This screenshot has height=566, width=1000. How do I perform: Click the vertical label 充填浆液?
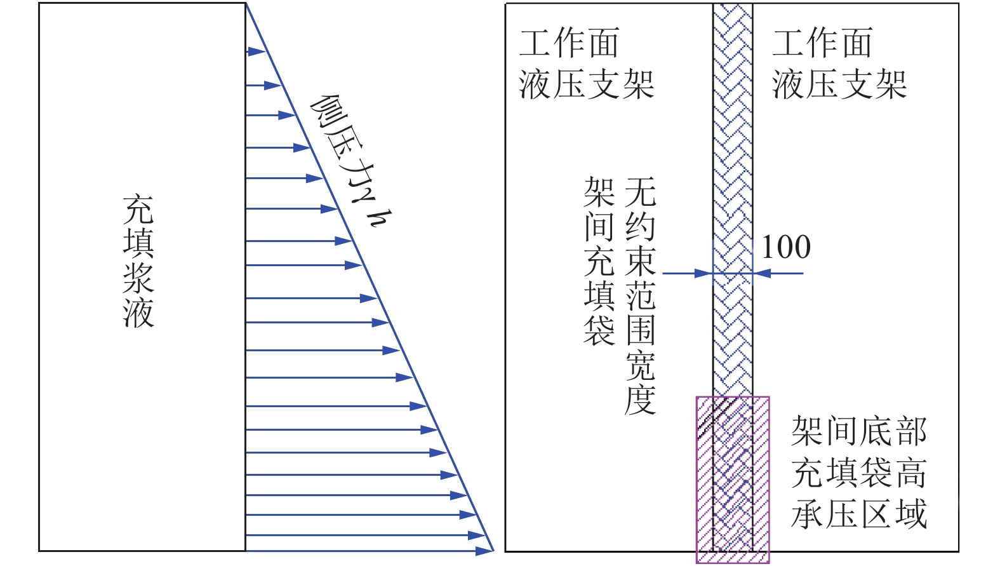(x=138, y=261)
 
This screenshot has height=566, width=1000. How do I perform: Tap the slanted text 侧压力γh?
(x=351, y=161)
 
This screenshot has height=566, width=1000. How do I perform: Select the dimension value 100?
(x=786, y=247)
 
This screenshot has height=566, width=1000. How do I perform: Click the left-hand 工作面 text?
(x=569, y=43)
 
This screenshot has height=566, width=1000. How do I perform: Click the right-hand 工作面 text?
(x=822, y=43)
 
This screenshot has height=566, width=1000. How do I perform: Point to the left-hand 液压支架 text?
(x=587, y=84)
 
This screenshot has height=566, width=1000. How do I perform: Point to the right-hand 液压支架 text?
(x=840, y=84)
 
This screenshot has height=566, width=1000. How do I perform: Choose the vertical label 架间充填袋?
(x=599, y=261)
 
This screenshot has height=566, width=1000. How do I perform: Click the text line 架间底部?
(x=860, y=431)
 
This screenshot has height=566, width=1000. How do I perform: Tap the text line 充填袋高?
(x=860, y=473)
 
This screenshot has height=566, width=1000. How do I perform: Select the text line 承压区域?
(x=860, y=514)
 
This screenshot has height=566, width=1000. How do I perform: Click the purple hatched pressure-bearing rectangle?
(x=733, y=480)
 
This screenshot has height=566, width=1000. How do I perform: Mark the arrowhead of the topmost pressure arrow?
(x=257, y=51)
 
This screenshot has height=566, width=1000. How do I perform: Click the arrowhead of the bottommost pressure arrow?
(x=484, y=551)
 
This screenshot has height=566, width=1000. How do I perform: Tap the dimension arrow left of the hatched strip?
(x=688, y=273)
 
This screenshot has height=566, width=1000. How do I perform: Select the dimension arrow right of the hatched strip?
(x=778, y=273)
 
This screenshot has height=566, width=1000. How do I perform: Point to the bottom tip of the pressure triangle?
(x=494, y=551)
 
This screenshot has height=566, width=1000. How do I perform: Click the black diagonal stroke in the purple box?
(x=714, y=417)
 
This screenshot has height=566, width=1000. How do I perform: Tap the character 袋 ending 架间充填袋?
(x=599, y=330)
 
